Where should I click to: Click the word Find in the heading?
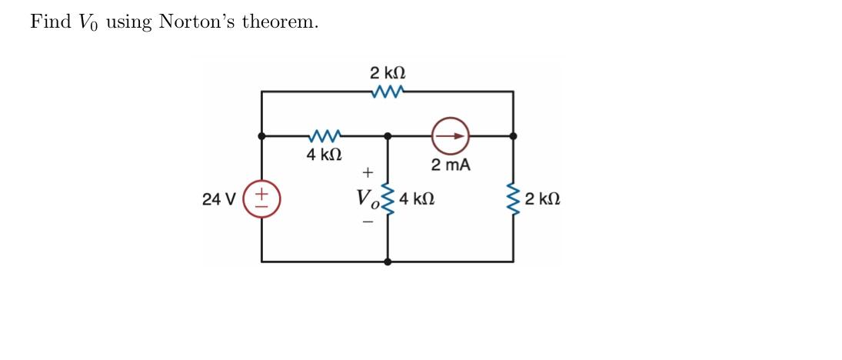click(50, 22)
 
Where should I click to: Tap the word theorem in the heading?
click(280, 22)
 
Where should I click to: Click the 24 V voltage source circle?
click(261, 198)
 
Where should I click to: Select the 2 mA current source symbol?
click(450, 135)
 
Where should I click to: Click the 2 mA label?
click(451, 165)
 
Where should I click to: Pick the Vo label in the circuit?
click(368, 198)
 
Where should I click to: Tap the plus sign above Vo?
click(368, 172)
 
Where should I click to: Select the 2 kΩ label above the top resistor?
click(388, 73)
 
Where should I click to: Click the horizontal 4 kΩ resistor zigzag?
click(324, 136)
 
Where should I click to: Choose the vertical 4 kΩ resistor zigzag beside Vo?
click(388, 198)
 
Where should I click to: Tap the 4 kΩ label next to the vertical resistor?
click(416, 198)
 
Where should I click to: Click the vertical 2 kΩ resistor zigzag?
click(513, 198)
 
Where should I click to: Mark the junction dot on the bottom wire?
click(388, 262)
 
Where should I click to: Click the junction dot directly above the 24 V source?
click(261, 136)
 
